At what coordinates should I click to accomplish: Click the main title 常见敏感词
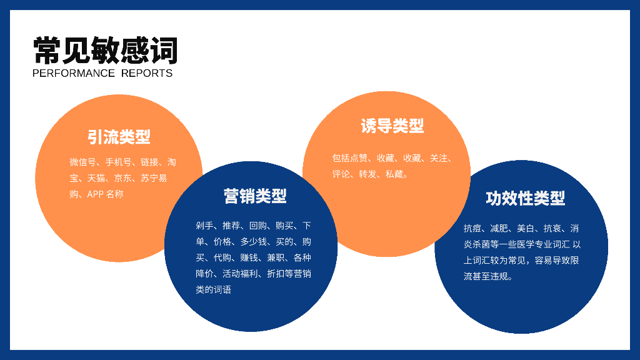tap(105, 51)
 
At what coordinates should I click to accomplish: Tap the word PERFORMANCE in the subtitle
tap(74, 73)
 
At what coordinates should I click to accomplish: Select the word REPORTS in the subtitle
tap(147, 73)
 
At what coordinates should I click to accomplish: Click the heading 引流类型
tap(119, 137)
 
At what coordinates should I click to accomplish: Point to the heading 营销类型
tap(255, 196)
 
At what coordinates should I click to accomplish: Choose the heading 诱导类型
tap(392, 126)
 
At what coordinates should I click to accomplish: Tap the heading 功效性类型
tap(525, 198)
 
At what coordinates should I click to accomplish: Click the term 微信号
tap(83, 162)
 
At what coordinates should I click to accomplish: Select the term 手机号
tap(118, 162)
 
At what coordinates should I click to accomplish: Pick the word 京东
tap(123, 178)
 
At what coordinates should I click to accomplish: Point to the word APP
tap(96, 194)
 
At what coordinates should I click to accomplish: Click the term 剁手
tap(204, 226)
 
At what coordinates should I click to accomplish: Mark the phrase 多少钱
tap(254, 242)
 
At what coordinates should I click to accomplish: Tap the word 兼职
tap(276, 257)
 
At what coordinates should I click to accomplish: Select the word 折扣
tap(276, 274)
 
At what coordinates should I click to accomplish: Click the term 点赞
tap(359, 158)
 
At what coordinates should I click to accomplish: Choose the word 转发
tap(367, 174)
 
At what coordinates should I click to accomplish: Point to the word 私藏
tap(394, 174)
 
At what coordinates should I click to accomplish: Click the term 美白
tap(526, 228)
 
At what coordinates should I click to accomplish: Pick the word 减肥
tap(499, 228)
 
